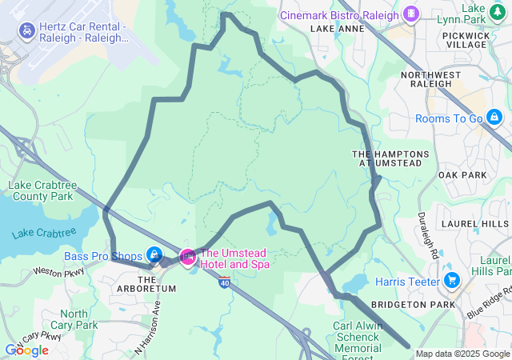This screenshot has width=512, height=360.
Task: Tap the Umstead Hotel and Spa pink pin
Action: (187, 257)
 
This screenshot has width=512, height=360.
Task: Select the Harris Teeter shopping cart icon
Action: (452, 281)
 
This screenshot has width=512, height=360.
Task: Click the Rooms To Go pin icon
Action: (494, 118)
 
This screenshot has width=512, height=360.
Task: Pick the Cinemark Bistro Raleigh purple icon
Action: (411, 14)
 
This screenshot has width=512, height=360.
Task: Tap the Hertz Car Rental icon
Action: (26, 31)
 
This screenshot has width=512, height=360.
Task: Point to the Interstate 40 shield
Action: (224, 282)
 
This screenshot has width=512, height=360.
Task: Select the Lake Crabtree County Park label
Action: (41, 190)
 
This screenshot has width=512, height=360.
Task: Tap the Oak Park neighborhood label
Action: (462, 174)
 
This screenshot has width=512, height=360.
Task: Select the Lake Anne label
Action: (337, 29)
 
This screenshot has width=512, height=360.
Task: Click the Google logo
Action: (26, 350)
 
